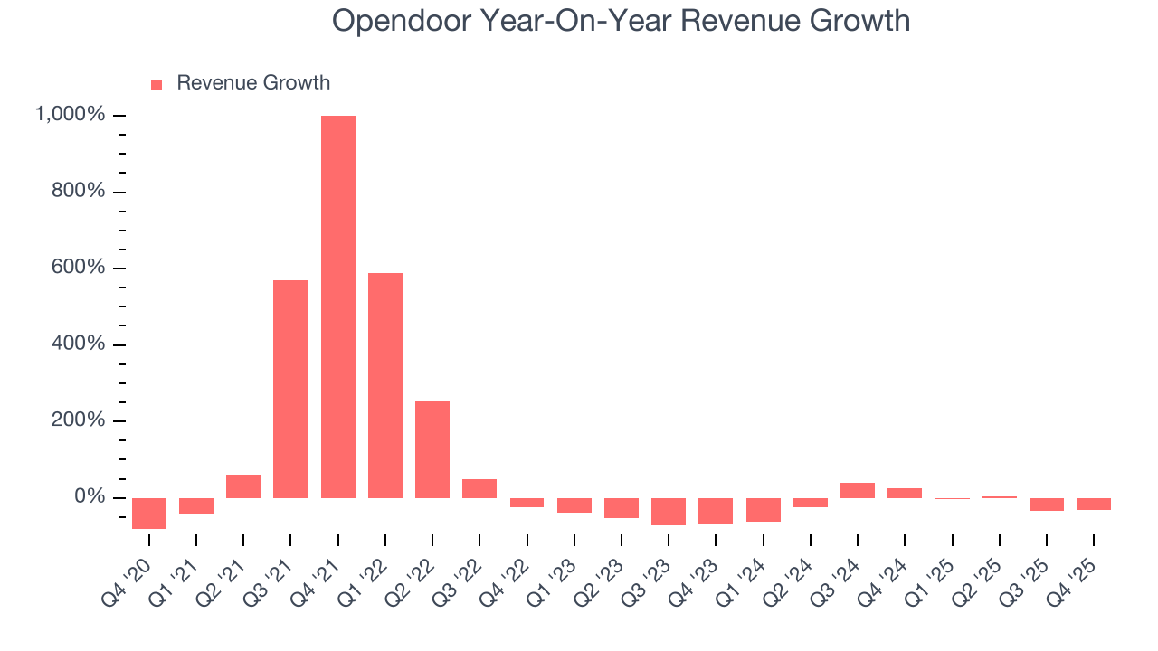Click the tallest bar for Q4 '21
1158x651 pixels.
[337, 307]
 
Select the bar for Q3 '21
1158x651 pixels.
[290, 389]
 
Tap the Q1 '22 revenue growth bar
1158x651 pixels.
[384, 385]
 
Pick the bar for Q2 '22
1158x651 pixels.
[432, 449]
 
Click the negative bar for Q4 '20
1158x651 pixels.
[148, 513]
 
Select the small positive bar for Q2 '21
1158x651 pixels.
[243, 486]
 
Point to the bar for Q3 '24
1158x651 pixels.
[858, 490]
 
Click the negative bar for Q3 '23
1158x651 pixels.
[669, 511]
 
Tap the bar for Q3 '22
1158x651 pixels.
[479, 488]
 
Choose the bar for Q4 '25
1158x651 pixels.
[1094, 504]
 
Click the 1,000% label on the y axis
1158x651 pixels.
[70, 115]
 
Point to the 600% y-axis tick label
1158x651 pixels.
[79, 269]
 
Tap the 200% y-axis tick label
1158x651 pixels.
[79, 421]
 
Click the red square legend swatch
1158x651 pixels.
[157, 84]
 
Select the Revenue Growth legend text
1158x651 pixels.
[253, 83]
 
